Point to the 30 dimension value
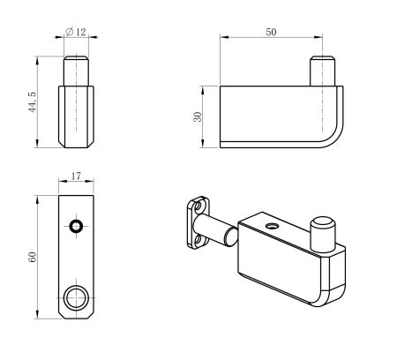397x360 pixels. click(x=199, y=115)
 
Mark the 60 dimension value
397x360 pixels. click(x=32, y=258)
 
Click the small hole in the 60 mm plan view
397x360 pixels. click(x=78, y=227)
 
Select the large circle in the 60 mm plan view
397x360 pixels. click(x=77, y=295)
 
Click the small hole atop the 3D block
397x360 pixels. click(x=270, y=227)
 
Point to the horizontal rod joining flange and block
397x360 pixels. click(x=219, y=231)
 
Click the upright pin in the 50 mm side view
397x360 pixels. click(x=323, y=71)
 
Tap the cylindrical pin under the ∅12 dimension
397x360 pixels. click(x=76, y=70)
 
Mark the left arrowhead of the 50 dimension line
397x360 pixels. click(x=223, y=38)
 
